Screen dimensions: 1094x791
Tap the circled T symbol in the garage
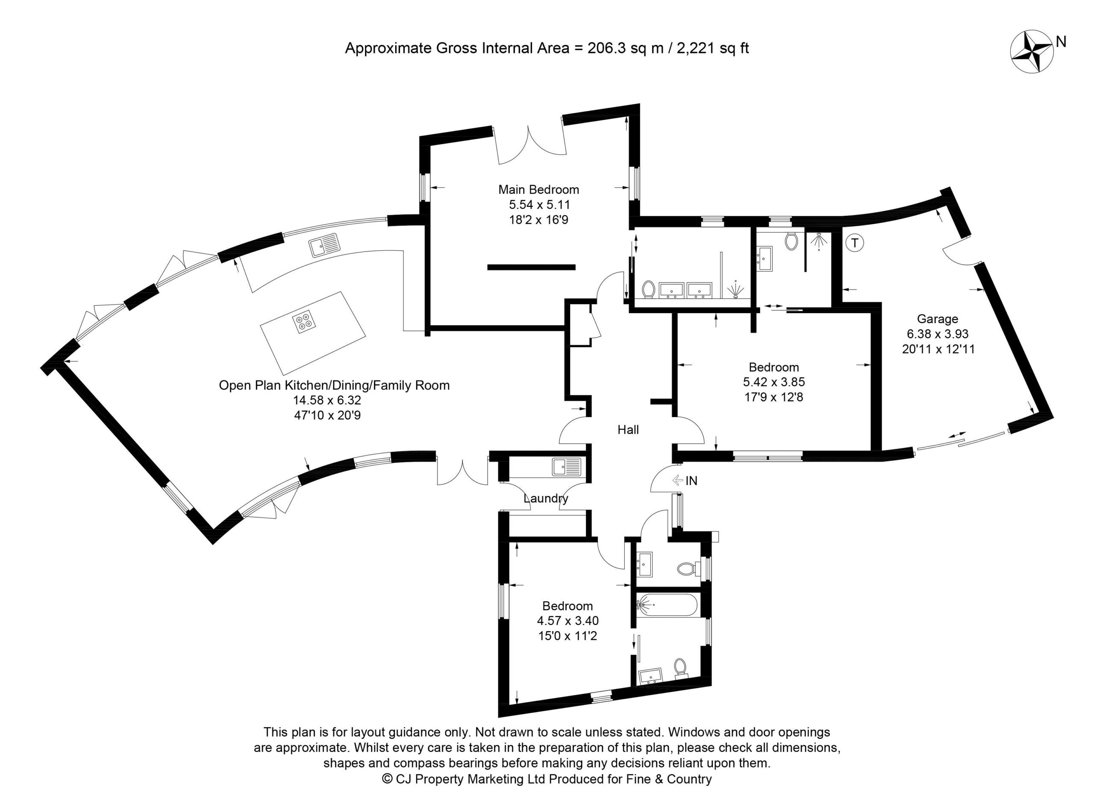click(x=855, y=243)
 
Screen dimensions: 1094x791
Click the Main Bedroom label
click(x=538, y=190)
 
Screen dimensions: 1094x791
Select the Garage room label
click(x=937, y=319)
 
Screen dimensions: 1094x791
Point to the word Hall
click(x=628, y=430)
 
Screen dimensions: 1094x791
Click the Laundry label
click(x=546, y=498)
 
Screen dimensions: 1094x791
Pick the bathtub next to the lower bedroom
click(x=667, y=604)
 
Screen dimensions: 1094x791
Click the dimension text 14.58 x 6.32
click(x=327, y=400)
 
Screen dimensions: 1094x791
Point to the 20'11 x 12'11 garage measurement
click(x=938, y=349)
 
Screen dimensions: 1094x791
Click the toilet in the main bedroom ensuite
click(x=649, y=289)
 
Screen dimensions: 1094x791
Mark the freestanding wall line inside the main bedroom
click(x=531, y=267)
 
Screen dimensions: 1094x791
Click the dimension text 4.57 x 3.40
click(x=568, y=620)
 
